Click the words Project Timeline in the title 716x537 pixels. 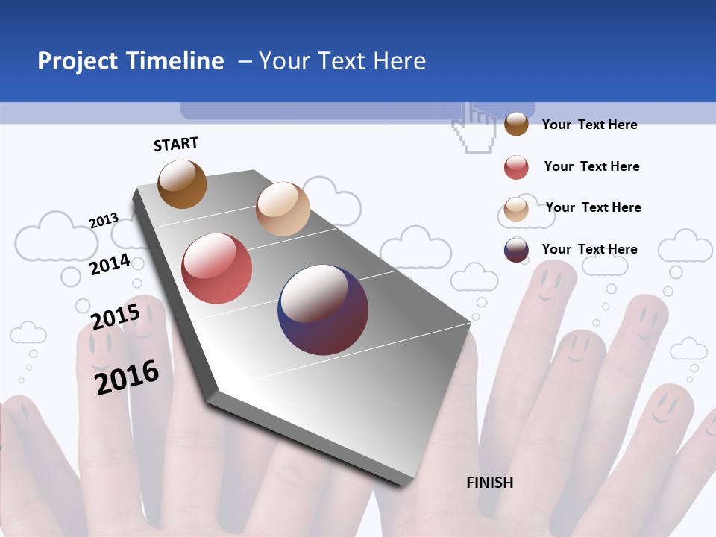coord(131,61)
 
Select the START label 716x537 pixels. coord(176,144)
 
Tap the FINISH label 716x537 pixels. coord(489,483)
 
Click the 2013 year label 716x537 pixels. coord(104,221)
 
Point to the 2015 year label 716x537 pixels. coord(115,316)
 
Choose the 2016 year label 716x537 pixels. coord(127,377)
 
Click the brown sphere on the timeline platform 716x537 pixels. coord(182,183)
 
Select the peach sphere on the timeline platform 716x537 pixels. coord(283,208)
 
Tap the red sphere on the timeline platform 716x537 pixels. coord(216,268)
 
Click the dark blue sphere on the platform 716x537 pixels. coord(323,310)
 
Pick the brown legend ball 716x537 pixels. coord(516,124)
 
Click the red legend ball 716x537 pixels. coord(516,167)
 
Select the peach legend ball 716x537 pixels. coord(516,209)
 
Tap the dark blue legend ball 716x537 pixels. coord(516,250)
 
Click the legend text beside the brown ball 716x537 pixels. coord(589,125)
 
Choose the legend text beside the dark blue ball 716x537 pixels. coord(589,249)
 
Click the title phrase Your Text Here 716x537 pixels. coord(342,61)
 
